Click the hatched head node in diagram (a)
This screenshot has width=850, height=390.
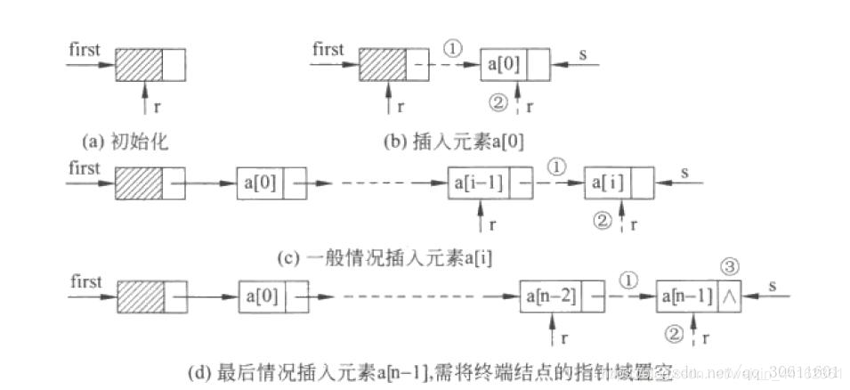click(139, 65)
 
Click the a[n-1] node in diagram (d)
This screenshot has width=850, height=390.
click(687, 297)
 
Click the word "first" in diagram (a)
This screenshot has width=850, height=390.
click(85, 48)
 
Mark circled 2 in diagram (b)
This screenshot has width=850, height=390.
click(498, 104)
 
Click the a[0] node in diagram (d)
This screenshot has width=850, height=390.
click(263, 297)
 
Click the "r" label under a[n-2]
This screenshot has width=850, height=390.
click(566, 338)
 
